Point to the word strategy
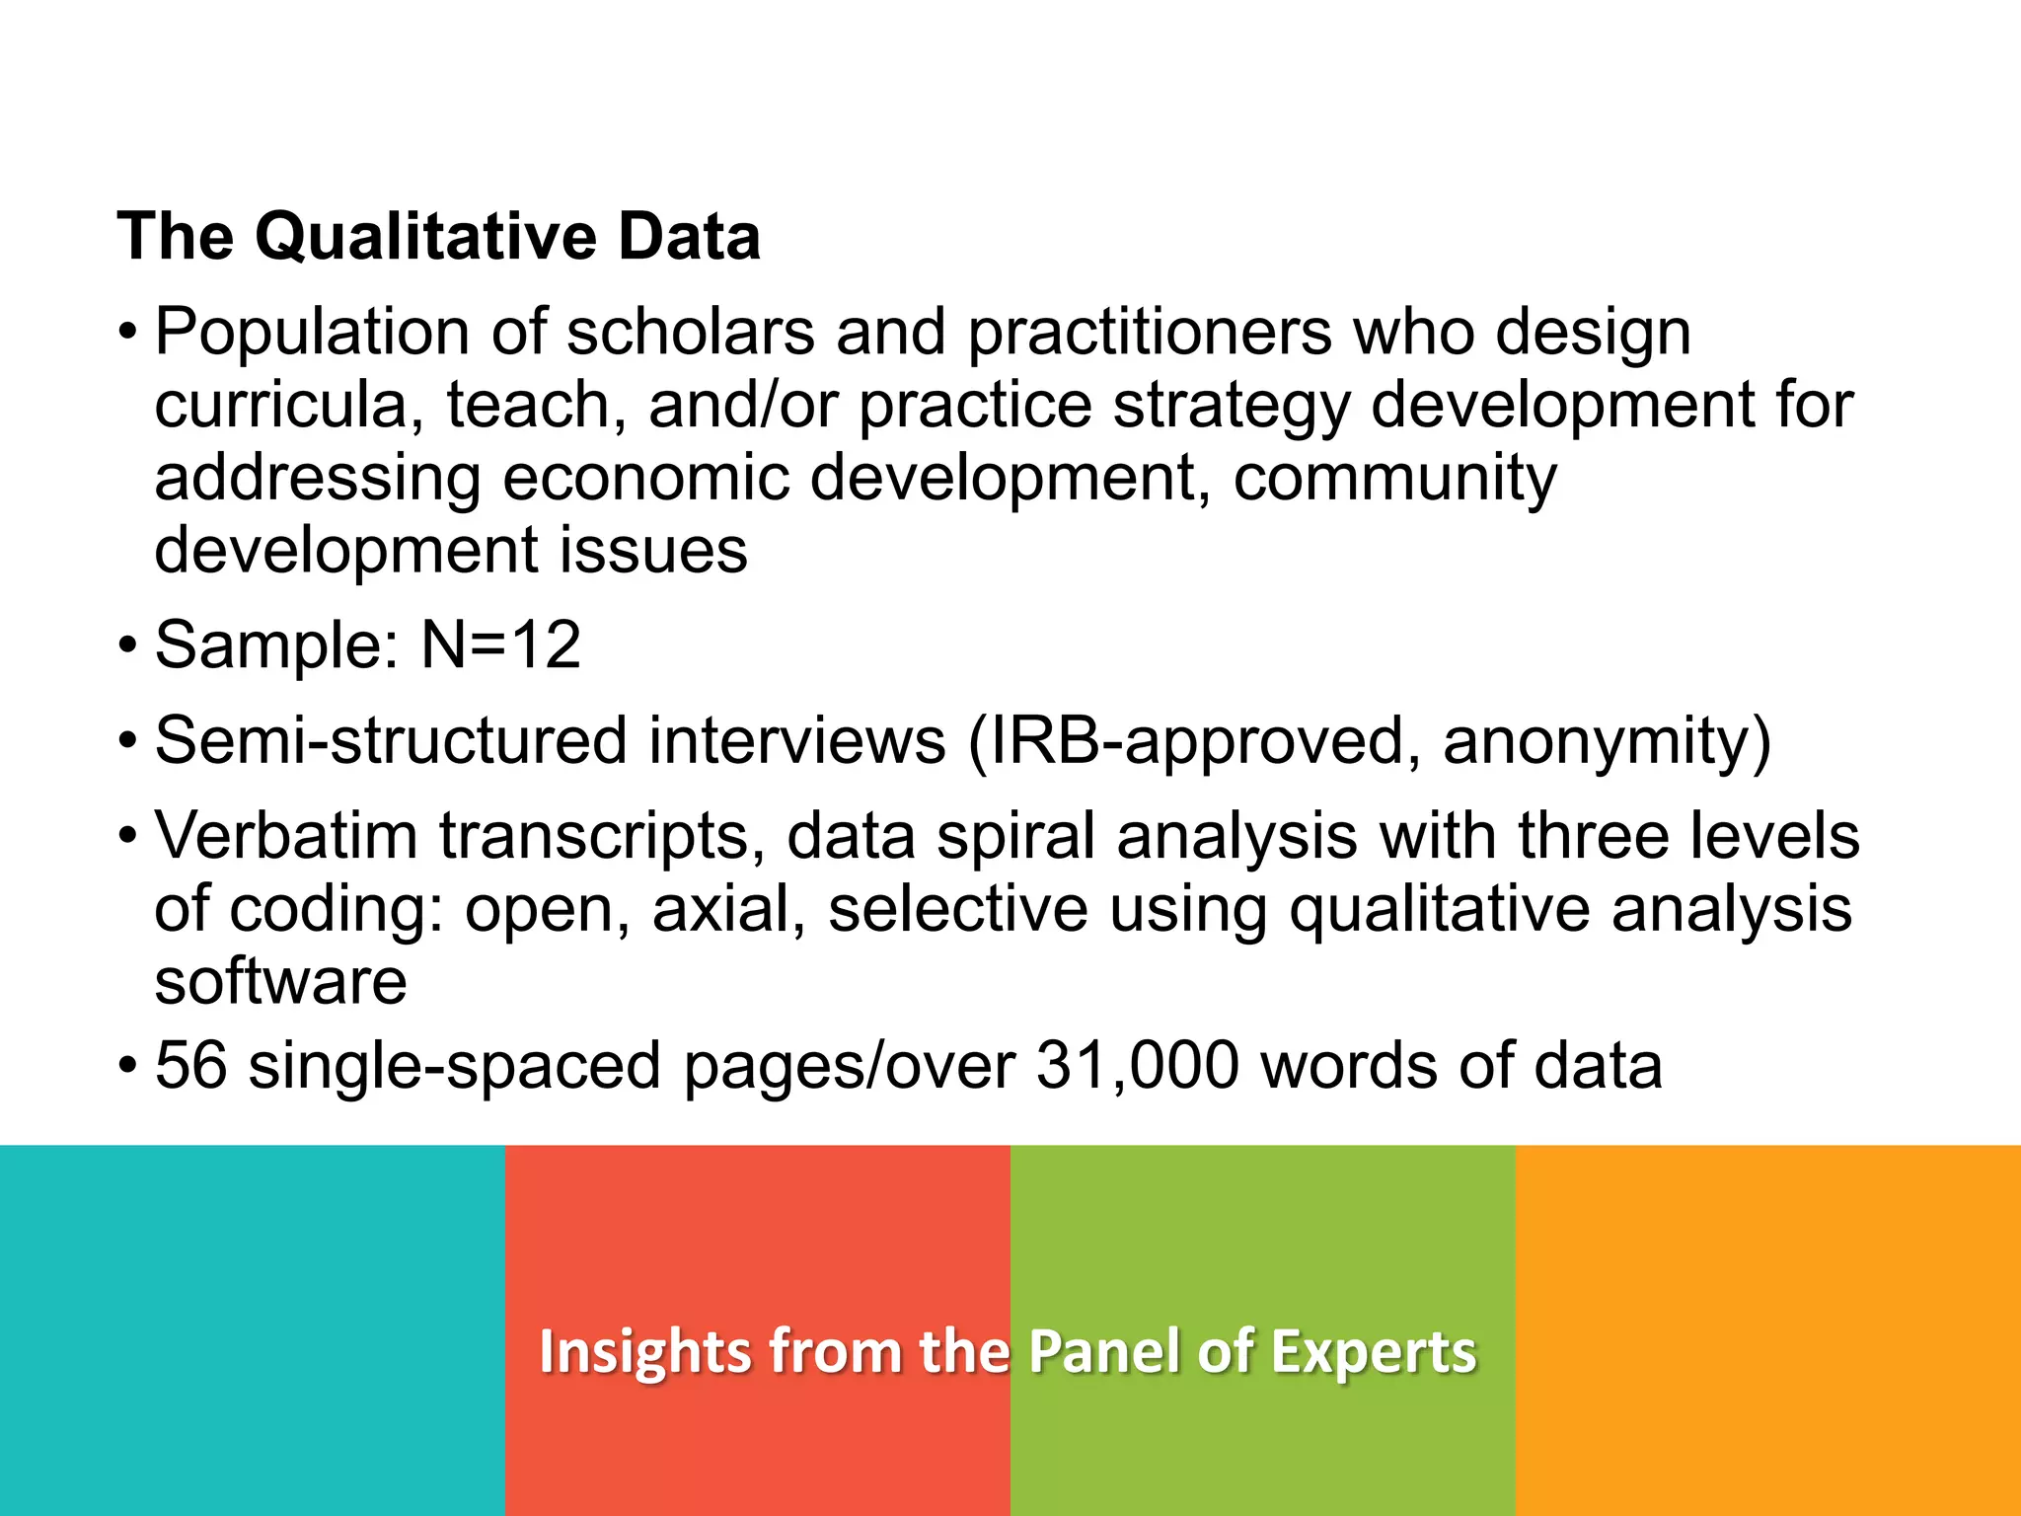coord(1231,407)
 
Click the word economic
coord(646,478)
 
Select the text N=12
coord(500,644)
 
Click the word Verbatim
coord(286,835)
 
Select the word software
coord(281,981)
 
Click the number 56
coord(191,1066)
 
